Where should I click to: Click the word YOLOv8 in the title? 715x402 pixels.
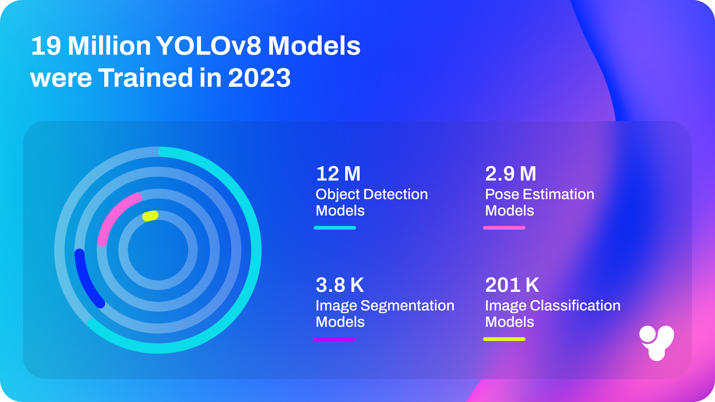coord(209,46)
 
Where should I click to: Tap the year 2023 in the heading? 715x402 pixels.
coord(259,78)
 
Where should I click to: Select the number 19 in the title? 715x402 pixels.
coord(46,46)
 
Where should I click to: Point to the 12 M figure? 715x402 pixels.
coord(338,174)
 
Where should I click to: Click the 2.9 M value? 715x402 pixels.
coord(511,174)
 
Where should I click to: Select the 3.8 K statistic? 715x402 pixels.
coord(340,285)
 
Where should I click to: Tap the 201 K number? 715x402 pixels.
coord(512,285)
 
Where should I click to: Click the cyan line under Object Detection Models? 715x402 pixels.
coord(335,228)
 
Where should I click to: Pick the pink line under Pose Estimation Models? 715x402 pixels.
coord(504,228)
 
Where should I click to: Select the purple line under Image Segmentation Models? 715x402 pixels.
coord(335,339)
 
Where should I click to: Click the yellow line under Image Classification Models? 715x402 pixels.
coord(504,339)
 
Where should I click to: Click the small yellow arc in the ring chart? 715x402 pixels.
coord(150,216)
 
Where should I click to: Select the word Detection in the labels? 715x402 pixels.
coord(395,194)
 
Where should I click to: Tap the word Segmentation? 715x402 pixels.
coord(407,306)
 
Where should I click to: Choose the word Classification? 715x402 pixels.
coord(575,306)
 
